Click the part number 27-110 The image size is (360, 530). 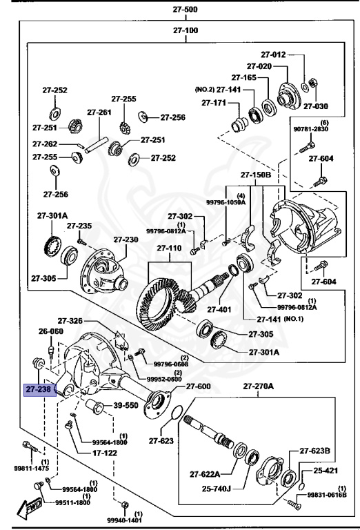tap(168, 248)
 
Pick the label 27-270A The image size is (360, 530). tap(257, 386)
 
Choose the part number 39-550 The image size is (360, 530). tap(126, 405)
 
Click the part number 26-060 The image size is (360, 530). tap(51, 331)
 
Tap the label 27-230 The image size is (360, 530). tap(126, 239)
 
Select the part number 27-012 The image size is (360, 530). tap(273, 55)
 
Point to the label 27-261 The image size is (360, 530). tap(99, 112)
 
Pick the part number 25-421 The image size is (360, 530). tap(327, 471)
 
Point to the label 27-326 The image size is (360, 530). tap(70, 321)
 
